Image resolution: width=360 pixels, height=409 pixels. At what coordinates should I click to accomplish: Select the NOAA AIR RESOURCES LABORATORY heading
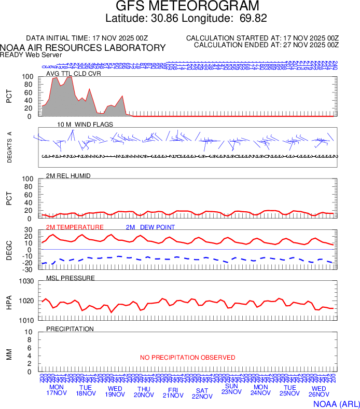tap(83, 48)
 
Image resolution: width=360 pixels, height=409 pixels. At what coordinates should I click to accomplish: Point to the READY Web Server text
tap(31, 54)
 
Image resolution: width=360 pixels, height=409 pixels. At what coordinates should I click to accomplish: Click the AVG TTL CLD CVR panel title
tap(73, 73)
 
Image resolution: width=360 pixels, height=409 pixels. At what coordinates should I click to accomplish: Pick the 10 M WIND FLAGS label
tap(85, 125)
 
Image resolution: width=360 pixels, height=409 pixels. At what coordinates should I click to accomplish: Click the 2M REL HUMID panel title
tap(68, 176)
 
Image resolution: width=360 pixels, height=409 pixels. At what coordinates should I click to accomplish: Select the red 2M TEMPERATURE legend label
tap(75, 227)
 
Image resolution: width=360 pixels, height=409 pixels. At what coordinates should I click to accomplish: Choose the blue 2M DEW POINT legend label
tap(150, 227)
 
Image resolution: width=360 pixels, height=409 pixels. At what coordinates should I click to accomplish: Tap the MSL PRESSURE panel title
tap(71, 278)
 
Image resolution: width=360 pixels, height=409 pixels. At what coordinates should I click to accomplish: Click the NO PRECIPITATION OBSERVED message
tap(188, 358)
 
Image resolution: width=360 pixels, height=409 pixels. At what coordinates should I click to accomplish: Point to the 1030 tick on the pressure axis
tap(26, 282)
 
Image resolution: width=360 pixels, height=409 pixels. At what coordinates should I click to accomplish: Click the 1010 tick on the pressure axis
tap(26, 320)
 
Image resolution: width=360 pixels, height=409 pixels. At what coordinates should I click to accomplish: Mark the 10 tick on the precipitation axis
tap(29, 332)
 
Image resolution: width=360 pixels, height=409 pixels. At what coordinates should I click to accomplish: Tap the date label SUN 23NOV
tap(231, 389)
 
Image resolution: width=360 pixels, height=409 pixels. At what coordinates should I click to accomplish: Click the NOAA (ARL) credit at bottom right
tap(336, 403)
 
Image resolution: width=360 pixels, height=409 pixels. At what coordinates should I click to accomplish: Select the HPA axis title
tap(9, 301)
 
